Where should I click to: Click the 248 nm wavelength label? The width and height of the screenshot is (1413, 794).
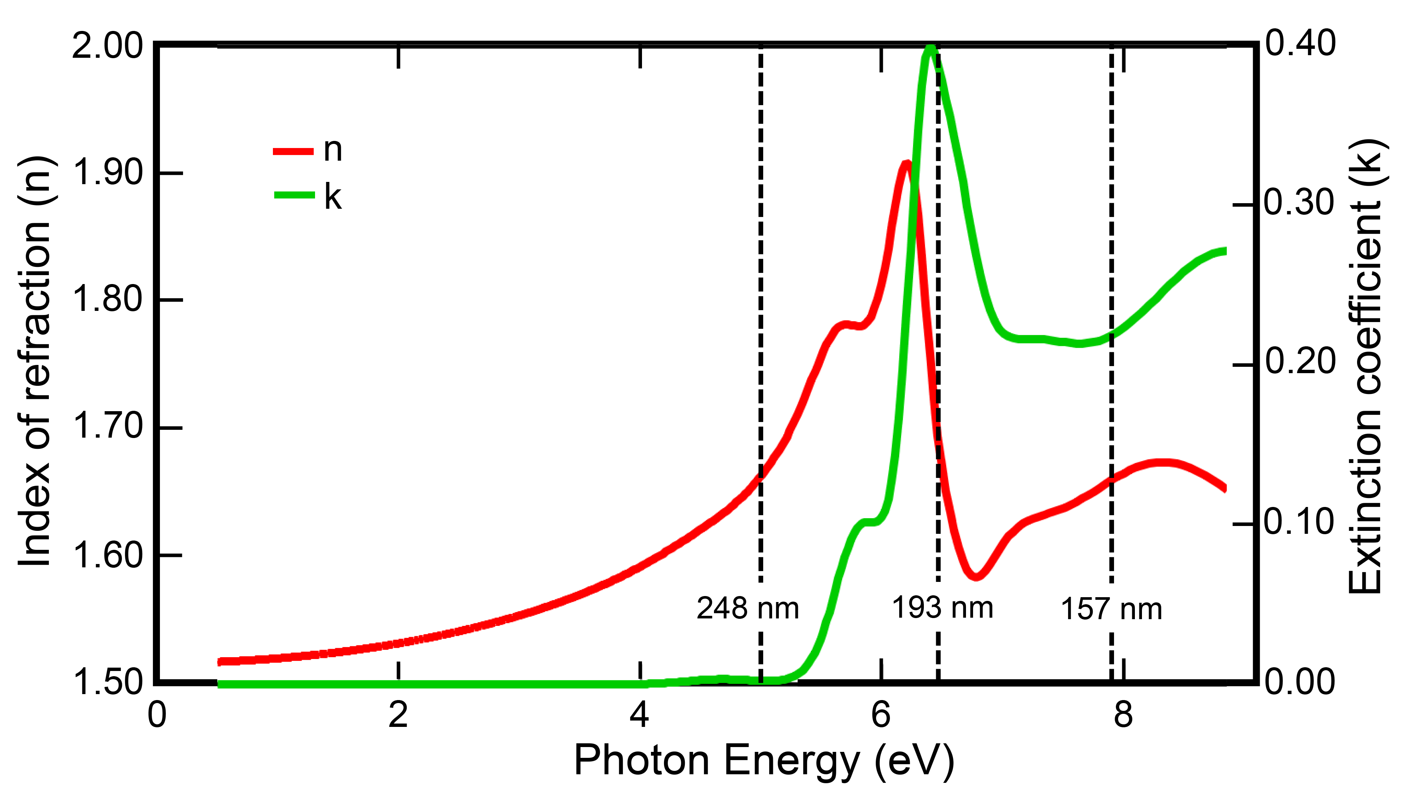748,609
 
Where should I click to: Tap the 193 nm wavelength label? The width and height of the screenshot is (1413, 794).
942,608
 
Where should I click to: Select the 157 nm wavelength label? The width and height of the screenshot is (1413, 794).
1111,609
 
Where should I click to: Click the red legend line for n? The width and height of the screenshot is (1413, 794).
293,151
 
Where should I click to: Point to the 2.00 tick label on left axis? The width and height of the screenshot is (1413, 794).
107,46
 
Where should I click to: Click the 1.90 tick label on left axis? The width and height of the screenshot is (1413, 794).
107,172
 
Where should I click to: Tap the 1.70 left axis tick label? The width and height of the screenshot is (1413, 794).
107,426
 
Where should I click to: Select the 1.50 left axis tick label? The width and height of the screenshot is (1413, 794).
107,682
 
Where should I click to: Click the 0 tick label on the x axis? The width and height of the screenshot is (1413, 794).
157,716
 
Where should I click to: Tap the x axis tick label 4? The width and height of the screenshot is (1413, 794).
640,716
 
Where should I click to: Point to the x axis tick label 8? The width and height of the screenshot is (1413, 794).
1123,716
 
